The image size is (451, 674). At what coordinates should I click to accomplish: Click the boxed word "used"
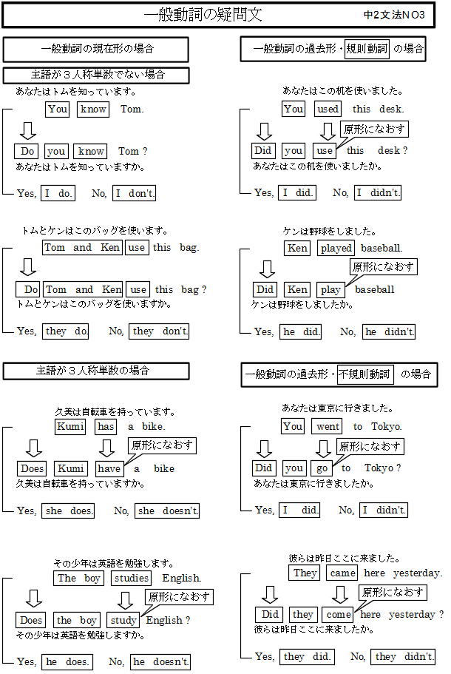click(328, 109)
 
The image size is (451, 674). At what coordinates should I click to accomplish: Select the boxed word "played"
click(336, 248)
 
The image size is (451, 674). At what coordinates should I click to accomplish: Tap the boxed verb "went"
click(328, 426)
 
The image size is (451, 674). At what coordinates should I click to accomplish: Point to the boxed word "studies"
click(132, 578)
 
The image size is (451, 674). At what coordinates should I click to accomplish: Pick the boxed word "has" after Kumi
click(106, 426)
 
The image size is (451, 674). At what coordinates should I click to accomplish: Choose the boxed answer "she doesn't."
click(167, 510)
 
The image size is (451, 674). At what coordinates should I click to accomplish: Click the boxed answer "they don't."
click(159, 331)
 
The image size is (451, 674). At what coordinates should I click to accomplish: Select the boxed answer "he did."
click(300, 332)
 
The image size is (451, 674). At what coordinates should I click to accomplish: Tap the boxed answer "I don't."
click(134, 193)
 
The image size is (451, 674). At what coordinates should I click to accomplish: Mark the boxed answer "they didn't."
click(403, 656)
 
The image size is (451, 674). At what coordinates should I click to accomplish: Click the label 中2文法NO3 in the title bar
click(394, 15)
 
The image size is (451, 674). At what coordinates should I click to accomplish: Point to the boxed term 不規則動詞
click(364, 374)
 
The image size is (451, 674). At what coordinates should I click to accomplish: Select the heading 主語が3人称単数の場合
click(92, 371)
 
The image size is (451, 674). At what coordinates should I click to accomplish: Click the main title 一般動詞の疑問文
click(203, 15)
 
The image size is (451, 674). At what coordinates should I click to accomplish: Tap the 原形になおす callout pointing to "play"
click(383, 267)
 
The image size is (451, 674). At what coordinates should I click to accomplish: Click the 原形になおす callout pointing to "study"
click(179, 596)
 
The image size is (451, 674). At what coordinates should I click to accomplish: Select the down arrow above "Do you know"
click(28, 131)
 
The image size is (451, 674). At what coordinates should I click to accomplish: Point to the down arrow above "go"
click(322, 448)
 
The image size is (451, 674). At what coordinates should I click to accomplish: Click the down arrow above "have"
click(106, 448)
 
